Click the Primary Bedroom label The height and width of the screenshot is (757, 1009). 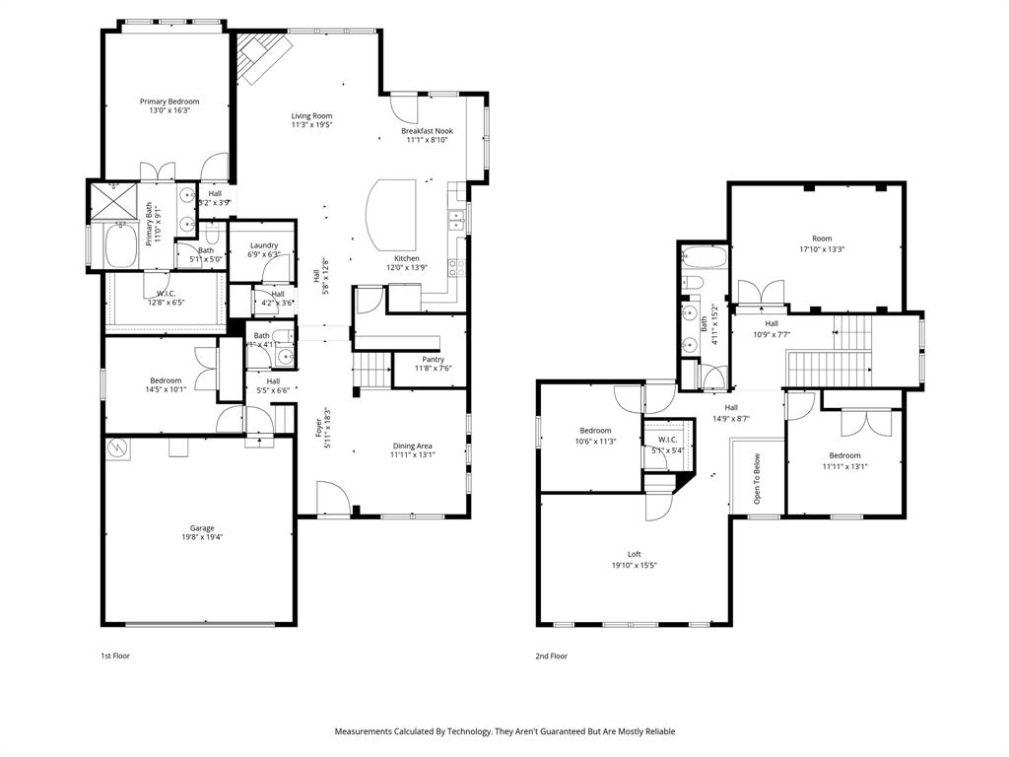click(x=169, y=102)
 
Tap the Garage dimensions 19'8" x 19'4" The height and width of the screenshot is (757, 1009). click(x=202, y=538)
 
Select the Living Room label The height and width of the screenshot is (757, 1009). click(x=311, y=115)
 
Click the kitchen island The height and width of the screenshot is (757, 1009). click(x=396, y=216)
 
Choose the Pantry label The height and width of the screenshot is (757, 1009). click(x=433, y=360)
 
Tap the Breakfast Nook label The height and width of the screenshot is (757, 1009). click(x=427, y=130)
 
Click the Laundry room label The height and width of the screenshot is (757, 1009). click(x=264, y=245)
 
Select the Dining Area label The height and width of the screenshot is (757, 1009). click(x=412, y=446)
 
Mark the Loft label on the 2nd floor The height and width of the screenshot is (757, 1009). click(x=635, y=554)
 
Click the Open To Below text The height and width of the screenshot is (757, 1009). click(x=757, y=478)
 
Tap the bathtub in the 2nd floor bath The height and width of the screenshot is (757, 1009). click(x=704, y=259)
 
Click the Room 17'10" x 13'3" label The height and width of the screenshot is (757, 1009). click(x=822, y=239)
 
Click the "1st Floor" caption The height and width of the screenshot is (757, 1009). click(x=115, y=655)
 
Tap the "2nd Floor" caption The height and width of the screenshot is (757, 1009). click(x=552, y=655)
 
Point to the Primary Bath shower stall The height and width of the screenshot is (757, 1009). click(x=114, y=203)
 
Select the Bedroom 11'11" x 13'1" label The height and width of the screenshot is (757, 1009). click(x=844, y=455)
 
